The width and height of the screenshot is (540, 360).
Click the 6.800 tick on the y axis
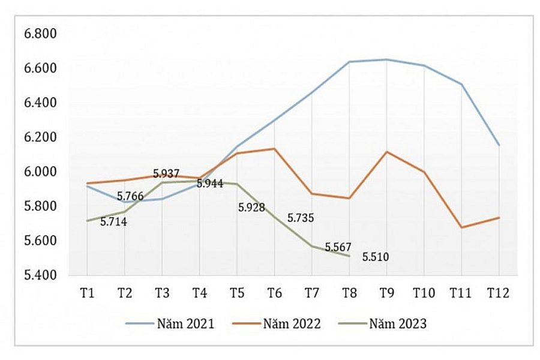click(x=40, y=34)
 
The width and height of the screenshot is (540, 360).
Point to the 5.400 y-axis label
click(x=40, y=275)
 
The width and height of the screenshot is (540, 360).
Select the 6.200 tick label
click(x=40, y=137)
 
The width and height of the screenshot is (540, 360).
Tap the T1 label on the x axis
click(x=87, y=293)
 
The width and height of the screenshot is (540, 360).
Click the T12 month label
click(x=498, y=293)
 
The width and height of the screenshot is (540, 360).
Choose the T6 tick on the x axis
click(x=274, y=293)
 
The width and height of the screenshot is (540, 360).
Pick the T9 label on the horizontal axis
click(x=386, y=293)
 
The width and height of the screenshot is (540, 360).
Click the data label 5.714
click(x=113, y=221)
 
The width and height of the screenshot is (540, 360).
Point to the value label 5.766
click(x=130, y=196)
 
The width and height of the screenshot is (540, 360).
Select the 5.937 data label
click(x=166, y=174)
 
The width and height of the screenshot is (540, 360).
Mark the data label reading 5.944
click(x=210, y=184)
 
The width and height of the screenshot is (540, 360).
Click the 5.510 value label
click(x=376, y=257)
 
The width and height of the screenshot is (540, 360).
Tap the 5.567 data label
click(x=338, y=247)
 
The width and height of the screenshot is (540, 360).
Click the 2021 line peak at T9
click(x=386, y=59)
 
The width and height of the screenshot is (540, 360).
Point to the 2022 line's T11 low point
click(x=461, y=227)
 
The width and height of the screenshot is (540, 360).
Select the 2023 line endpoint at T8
click(x=349, y=256)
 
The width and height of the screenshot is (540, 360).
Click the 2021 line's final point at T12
click(x=499, y=145)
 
